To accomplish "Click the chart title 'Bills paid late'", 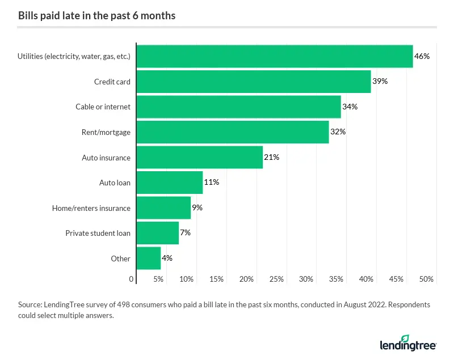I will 96,15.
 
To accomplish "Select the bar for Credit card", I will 253,82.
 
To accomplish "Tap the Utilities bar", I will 274,56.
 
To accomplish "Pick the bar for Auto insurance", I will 199,157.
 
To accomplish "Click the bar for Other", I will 148,258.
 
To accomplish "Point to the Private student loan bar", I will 157,233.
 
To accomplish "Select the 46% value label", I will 422,56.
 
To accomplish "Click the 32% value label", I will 338,132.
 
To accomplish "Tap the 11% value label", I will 212,183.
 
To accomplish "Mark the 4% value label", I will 167,258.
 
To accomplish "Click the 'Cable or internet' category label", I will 103,107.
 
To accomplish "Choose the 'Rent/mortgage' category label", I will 106,132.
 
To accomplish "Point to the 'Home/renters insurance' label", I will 91,208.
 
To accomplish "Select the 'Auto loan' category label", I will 115,183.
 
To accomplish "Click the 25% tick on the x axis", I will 276,279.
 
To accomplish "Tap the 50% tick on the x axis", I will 426,279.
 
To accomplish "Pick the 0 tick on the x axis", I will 132,279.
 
